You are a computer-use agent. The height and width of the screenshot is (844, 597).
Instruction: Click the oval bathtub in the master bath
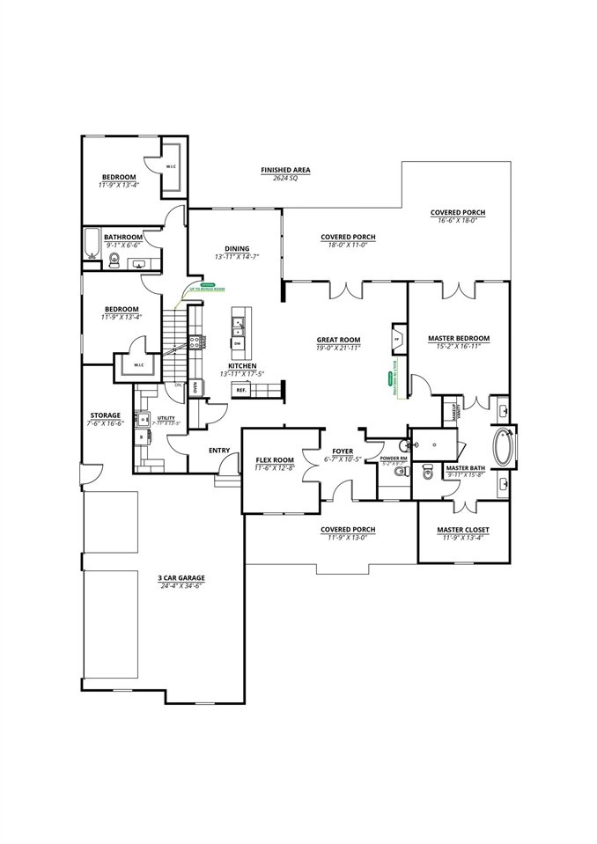click(502, 447)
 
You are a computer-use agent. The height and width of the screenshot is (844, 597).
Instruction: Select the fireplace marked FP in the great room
click(396, 340)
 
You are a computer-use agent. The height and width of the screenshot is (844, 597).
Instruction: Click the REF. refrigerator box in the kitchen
click(240, 389)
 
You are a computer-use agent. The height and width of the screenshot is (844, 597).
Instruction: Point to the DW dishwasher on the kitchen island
click(238, 343)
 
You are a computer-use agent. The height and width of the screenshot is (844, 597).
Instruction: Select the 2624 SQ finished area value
click(284, 178)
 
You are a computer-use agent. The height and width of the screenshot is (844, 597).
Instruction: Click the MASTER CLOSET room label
click(463, 530)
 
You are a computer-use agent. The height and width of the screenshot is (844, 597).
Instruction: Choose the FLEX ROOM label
click(275, 460)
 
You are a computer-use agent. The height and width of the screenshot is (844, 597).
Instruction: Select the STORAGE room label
click(105, 415)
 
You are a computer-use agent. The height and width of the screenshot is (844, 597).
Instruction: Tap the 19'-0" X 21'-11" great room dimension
click(339, 349)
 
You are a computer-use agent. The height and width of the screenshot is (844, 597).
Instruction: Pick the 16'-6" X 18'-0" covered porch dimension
click(457, 222)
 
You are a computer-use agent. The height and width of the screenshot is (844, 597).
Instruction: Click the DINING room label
click(237, 248)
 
